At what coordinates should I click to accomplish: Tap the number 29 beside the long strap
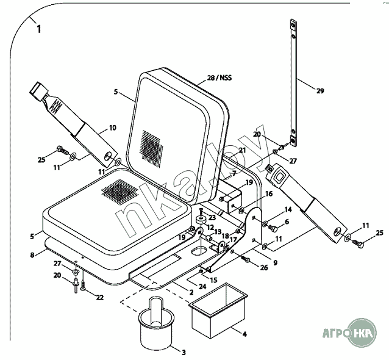click(x=320, y=91)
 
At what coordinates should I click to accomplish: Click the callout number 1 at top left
click(x=38, y=29)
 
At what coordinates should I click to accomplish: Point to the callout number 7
click(x=234, y=174)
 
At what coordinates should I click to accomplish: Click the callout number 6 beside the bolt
click(x=286, y=221)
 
